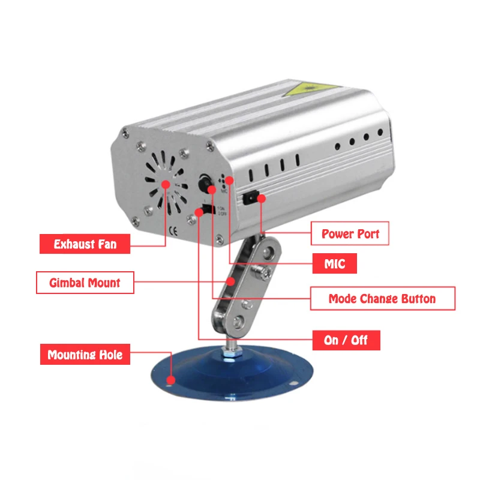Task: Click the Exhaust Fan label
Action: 85,244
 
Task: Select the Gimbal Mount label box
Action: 85,283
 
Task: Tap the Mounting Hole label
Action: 85,355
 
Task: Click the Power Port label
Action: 350,233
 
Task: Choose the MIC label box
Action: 335,263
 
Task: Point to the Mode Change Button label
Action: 383,298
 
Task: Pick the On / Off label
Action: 346,340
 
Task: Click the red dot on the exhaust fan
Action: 166,184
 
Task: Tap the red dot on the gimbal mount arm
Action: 231,281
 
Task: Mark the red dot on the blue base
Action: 171,380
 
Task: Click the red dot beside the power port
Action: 261,199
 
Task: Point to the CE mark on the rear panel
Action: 173,232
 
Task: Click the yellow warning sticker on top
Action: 309,88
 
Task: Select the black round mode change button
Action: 205,182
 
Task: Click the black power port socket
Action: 250,198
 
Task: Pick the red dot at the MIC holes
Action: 229,181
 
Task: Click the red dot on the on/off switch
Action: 199,212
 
